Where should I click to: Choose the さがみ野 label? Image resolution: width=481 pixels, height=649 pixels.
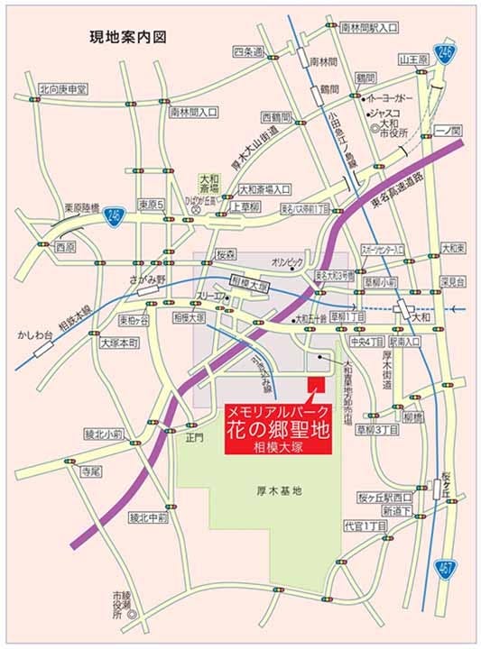148,279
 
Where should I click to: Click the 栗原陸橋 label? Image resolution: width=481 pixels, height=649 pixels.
75,207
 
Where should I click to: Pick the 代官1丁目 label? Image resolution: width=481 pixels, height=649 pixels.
365,525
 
